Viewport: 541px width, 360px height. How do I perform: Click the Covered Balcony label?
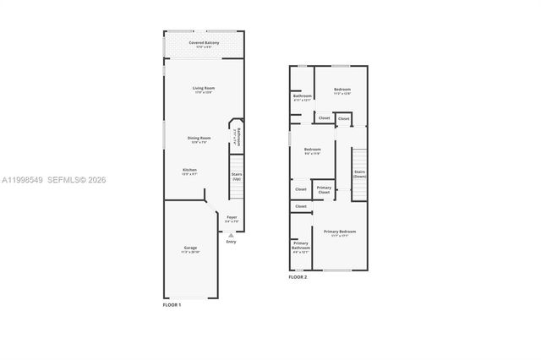(x=203, y=41)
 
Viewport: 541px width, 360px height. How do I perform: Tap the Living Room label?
(x=203, y=88)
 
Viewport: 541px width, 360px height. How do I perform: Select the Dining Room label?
(x=199, y=137)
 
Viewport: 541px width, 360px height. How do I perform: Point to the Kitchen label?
(x=190, y=170)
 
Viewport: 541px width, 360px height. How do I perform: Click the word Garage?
(x=190, y=248)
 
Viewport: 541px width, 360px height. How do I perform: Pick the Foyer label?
(x=232, y=217)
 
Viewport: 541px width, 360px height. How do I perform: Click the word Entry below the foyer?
(x=231, y=242)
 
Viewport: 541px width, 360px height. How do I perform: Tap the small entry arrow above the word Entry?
(x=231, y=235)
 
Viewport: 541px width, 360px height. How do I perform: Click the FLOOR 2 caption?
(x=298, y=277)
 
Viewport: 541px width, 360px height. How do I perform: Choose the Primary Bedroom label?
(x=340, y=232)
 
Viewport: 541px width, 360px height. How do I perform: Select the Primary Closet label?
(x=324, y=190)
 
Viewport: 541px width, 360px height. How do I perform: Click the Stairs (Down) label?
(x=360, y=174)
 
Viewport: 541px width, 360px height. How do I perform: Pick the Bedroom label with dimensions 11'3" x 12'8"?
(x=342, y=90)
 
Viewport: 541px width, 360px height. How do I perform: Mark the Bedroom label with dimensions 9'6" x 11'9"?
(x=313, y=150)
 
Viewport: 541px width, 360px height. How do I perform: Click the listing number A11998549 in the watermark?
(x=20, y=180)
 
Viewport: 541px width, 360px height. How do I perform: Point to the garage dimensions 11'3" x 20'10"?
(x=190, y=253)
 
